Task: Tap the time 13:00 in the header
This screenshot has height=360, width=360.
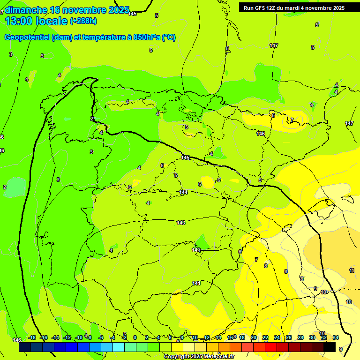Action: coord(19,22)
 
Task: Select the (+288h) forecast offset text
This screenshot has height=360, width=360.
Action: coord(83,21)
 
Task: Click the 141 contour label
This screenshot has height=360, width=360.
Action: coord(196,283)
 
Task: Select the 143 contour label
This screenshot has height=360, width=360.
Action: coord(181,223)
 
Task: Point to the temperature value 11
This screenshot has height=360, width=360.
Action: coord(352,270)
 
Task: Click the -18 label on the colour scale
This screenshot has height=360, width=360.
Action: coord(32,337)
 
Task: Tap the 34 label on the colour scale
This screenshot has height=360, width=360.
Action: coord(336,337)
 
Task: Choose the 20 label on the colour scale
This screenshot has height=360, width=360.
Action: coord(254,337)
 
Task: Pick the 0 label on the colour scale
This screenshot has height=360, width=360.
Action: coord(135,337)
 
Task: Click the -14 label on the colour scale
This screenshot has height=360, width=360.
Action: coord(55,337)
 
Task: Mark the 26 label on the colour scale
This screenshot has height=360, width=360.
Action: coord(289,337)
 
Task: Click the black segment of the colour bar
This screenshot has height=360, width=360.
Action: coord(330,347)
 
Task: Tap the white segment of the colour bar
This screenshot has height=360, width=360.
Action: coord(189,347)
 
